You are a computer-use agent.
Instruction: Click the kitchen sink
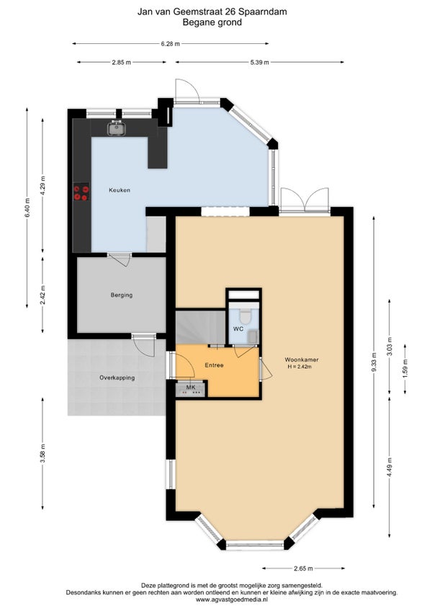click(116, 128)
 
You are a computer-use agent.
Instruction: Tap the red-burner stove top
click(81, 192)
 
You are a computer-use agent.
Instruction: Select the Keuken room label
click(120, 190)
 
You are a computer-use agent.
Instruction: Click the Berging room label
click(122, 295)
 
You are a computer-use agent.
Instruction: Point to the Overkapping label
click(117, 378)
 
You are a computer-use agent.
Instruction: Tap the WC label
click(238, 329)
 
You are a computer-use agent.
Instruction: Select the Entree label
click(215, 365)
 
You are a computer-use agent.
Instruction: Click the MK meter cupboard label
click(191, 388)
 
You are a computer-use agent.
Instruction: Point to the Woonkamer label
click(302, 360)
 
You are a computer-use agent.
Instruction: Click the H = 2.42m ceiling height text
click(300, 366)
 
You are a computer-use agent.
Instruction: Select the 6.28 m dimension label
click(171, 44)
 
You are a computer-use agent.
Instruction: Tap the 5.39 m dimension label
click(259, 62)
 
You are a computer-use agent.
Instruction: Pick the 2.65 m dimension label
click(303, 568)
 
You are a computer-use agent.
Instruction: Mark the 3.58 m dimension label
click(42, 453)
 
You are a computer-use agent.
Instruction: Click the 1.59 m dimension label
click(405, 369)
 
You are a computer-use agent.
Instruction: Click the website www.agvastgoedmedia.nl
click(232, 600)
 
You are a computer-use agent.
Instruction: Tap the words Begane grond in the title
click(212, 22)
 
